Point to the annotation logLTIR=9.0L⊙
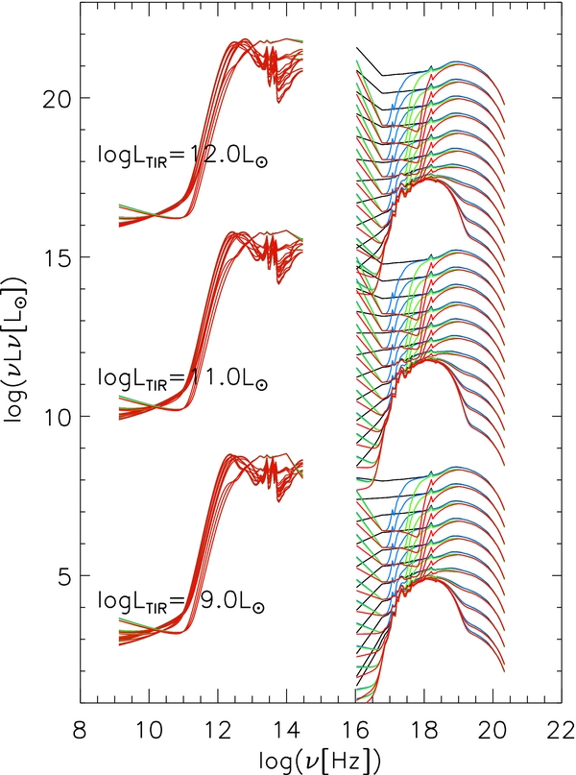[182, 604]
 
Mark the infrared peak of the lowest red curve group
[231, 456]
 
